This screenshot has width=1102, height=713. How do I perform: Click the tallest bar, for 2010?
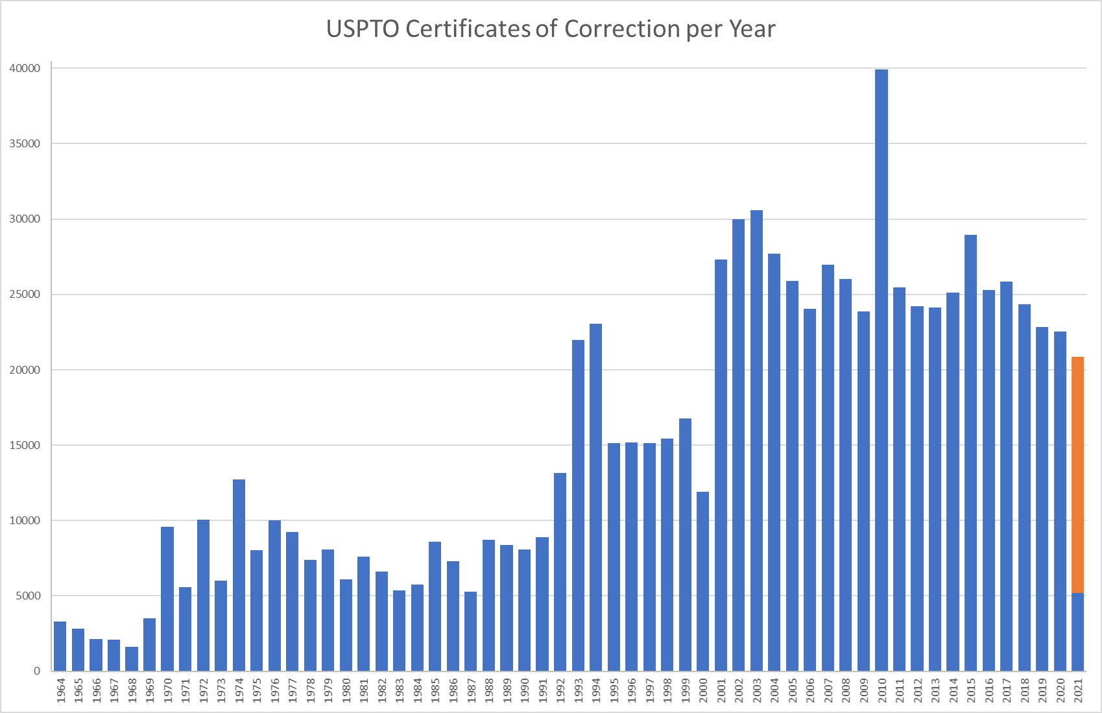click(881, 370)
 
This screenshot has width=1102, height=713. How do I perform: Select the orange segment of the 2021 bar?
click(1077, 474)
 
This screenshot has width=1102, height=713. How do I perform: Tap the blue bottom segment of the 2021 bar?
click(1077, 632)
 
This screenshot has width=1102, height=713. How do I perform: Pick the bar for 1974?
click(239, 575)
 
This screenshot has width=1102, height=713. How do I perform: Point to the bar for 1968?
click(132, 659)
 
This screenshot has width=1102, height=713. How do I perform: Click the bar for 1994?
click(595, 497)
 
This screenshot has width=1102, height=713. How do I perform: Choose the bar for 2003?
click(756, 441)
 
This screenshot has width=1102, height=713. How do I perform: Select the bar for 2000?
click(702, 581)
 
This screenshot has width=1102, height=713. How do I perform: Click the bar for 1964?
click(60, 646)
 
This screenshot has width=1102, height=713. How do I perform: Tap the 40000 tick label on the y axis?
click(25, 68)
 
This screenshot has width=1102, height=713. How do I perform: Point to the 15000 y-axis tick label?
click(25, 445)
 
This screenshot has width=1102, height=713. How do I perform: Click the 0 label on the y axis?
click(37, 671)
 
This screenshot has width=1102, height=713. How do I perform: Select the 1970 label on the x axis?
click(168, 690)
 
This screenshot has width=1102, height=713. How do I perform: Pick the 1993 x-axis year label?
click(579, 690)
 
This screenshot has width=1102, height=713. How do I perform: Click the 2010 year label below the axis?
click(882, 690)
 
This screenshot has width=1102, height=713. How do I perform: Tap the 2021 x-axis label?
click(1078, 690)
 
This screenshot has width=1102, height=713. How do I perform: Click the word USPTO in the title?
click(362, 29)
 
